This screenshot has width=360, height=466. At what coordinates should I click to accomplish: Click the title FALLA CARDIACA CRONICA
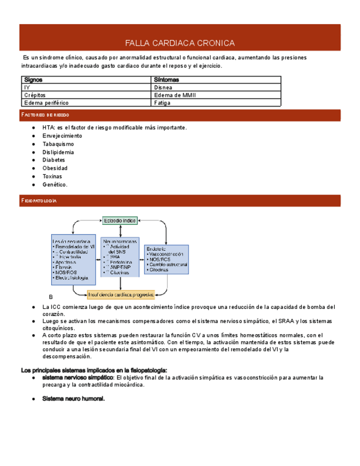(180, 43)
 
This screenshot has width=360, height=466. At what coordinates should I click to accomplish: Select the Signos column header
(34, 80)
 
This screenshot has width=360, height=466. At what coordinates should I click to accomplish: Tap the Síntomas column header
(166, 80)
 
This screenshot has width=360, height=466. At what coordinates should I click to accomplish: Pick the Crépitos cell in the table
(35, 95)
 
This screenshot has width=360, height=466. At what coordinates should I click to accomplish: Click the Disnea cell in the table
(163, 87)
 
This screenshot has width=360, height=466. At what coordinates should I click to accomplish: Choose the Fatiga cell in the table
(163, 103)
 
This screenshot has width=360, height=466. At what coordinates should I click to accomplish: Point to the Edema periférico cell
(43, 103)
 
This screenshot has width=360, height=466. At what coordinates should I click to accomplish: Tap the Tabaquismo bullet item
(58, 144)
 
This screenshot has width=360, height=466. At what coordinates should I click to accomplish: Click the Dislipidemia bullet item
(58, 152)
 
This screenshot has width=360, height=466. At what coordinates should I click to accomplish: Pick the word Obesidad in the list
(55, 168)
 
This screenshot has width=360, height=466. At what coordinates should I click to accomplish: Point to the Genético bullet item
(54, 185)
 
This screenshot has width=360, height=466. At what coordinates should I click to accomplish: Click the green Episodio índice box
(119, 220)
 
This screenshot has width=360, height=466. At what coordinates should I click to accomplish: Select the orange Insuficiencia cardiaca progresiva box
(121, 293)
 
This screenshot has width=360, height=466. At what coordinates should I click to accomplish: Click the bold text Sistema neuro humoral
(73, 398)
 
